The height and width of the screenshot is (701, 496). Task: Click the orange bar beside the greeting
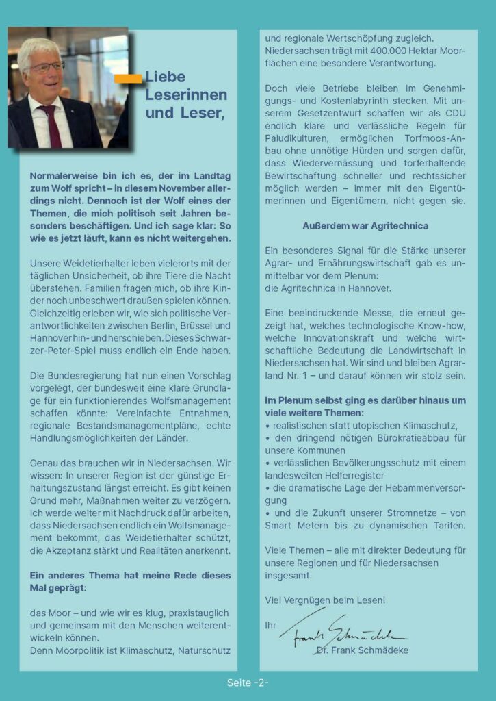(x=128, y=79)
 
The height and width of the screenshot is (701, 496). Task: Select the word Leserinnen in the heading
(x=185, y=94)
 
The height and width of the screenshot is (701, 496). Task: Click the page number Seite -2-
(x=248, y=683)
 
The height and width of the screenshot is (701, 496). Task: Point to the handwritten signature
(x=342, y=628)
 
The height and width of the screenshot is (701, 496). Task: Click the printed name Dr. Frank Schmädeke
(x=363, y=650)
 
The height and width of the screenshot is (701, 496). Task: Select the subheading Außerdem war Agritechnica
(x=365, y=225)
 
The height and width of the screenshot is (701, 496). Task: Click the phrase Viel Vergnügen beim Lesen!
(x=325, y=600)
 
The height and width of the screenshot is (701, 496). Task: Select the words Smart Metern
(x=295, y=525)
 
